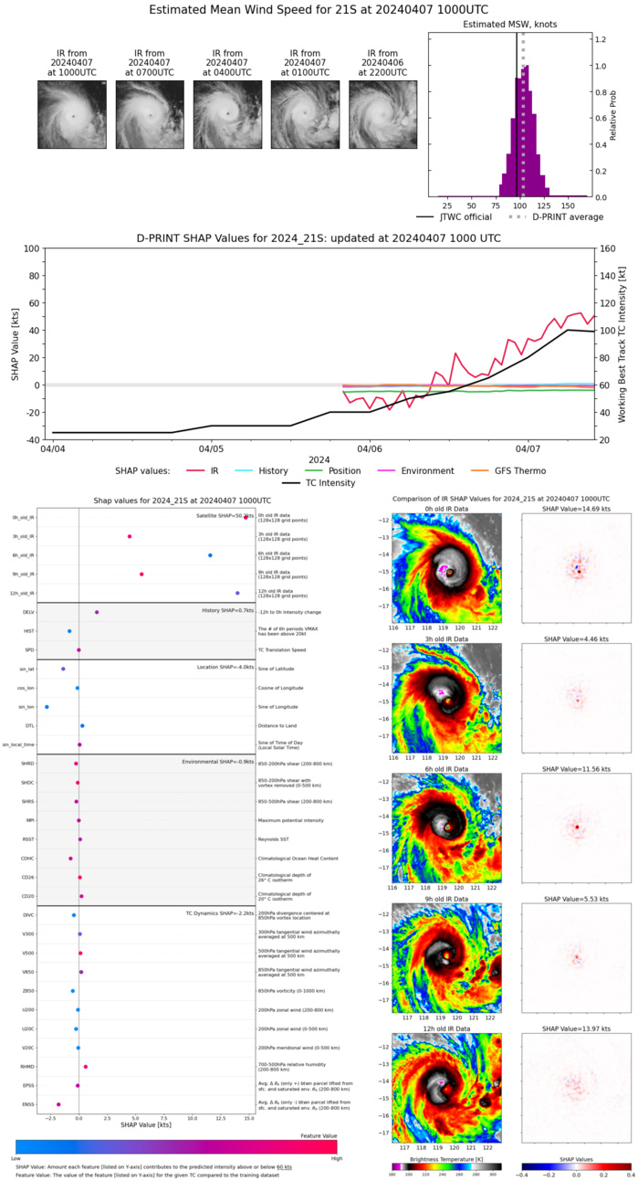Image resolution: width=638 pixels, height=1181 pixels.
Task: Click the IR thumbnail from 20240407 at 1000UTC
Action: click(72, 114)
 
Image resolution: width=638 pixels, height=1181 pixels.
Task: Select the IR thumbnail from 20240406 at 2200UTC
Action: click(382, 114)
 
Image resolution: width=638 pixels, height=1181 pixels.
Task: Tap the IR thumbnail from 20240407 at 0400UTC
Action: click(227, 114)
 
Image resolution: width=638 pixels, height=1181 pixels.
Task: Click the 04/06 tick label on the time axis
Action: click(370, 449)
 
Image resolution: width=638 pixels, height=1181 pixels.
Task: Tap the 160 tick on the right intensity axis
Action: click(605, 248)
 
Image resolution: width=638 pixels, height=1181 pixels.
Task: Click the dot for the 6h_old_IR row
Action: click(210, 555)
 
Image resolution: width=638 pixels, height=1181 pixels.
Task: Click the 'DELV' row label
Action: click(28, 612)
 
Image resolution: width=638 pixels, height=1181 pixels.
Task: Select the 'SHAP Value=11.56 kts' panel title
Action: click(576, 764)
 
